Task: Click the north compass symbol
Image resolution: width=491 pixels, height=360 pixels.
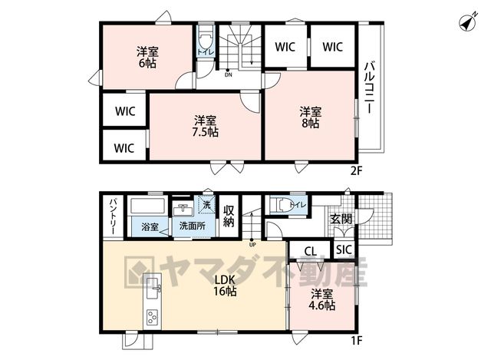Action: [468, 22]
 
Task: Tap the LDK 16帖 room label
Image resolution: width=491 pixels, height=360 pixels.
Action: [225, 286]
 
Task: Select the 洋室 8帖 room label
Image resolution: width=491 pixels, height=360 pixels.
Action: [310, 117]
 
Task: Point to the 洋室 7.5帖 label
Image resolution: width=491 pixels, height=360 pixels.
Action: [205, 126]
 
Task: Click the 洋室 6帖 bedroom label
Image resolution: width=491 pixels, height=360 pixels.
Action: [147, 58]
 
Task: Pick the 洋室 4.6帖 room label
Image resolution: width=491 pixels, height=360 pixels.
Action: [321, 300]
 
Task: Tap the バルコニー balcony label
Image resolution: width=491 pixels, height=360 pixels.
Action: [370, 88]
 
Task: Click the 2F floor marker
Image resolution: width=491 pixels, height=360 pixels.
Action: [356, 170]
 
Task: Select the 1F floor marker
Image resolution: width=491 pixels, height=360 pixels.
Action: [356, 340]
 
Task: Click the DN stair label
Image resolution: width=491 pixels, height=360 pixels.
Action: [229, 75]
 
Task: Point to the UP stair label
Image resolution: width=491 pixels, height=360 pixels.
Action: [252, 244]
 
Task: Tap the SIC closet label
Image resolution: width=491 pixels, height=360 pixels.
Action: [344, 249]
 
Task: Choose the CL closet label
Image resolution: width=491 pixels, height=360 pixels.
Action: [310, 251]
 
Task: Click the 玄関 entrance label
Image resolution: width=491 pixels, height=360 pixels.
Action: [341, 219]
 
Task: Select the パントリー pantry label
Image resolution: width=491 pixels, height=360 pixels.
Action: [113, 216]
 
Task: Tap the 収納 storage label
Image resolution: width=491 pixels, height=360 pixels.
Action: [229, 216]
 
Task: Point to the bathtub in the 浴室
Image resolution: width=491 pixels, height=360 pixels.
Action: [148, 206]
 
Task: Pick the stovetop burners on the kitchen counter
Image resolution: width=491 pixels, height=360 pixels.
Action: [152, 317]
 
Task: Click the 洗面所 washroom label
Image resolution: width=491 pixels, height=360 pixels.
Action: [193, 226]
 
